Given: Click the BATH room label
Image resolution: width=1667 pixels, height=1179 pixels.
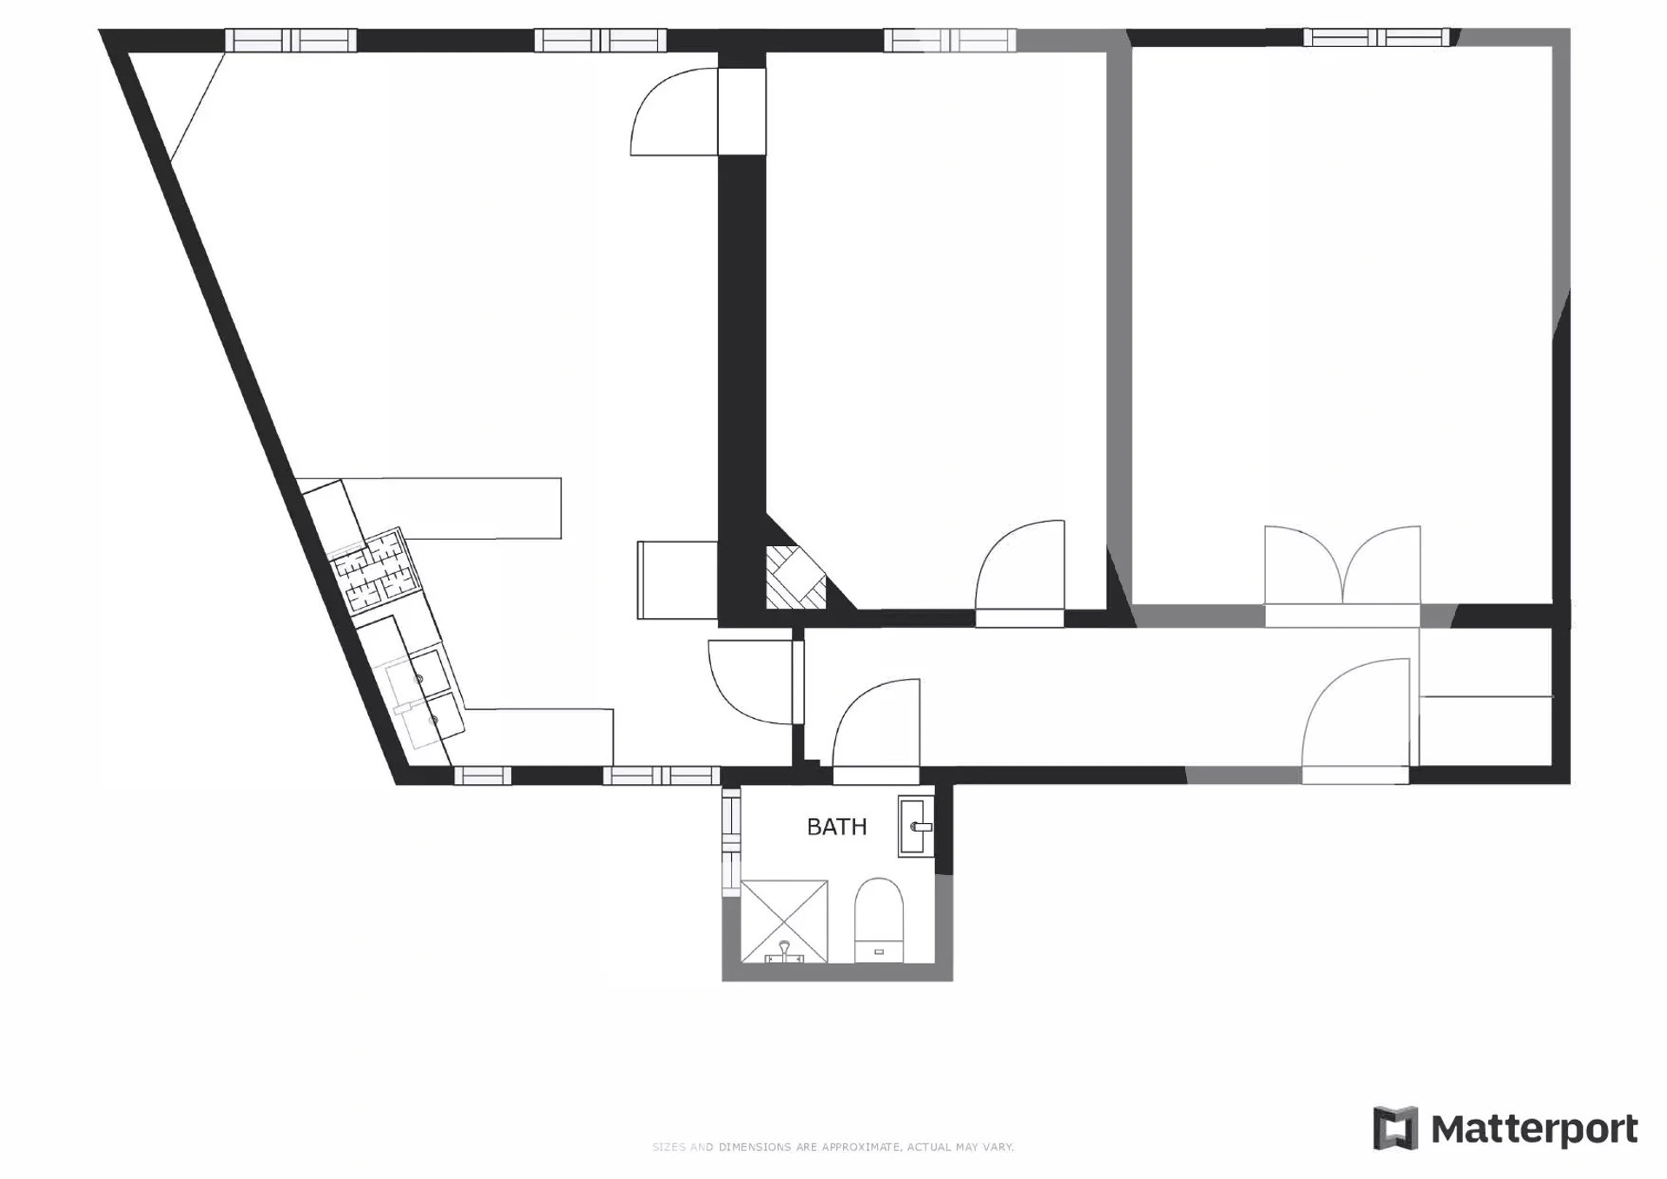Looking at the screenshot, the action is [837, 827].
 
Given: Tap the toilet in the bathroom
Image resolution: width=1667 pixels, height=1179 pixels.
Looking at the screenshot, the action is [879, 920].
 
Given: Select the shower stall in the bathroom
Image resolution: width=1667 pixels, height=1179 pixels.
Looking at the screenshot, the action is [784, 921].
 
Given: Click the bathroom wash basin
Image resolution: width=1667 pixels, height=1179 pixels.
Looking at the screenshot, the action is [916, 827].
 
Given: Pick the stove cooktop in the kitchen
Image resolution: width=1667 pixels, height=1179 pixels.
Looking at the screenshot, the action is [376, 570].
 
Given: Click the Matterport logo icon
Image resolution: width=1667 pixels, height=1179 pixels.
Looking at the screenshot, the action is [1395, 1128].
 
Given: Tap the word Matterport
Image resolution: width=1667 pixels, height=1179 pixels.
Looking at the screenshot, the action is [1534, 1130].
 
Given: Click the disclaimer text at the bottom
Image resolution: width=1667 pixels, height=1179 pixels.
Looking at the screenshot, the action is [833, 1147].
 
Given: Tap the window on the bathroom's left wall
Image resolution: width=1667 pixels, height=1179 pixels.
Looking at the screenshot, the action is [731, 841].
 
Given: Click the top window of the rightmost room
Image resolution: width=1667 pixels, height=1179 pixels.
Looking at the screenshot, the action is [1376, 37].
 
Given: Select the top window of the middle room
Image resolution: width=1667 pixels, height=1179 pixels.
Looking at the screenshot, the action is [950, 40].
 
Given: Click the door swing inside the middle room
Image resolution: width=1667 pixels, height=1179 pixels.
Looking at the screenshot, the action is [1020, 573].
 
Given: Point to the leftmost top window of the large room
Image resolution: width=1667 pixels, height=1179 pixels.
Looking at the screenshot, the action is [291, 40].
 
